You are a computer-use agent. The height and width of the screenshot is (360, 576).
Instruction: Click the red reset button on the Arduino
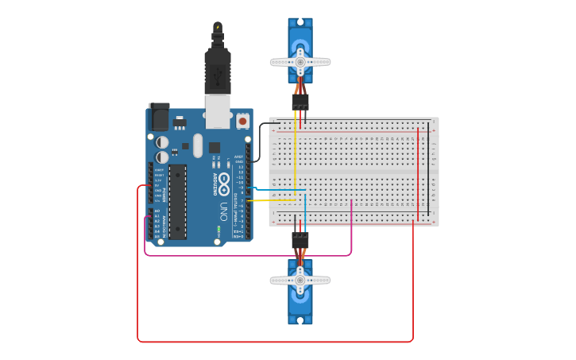click(242, 122)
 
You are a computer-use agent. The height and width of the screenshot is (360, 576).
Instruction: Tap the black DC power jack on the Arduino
click(159, 117)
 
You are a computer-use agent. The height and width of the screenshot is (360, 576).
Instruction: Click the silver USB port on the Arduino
click(218, 111)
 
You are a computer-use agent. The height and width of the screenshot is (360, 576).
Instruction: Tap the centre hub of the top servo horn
click(300, 61)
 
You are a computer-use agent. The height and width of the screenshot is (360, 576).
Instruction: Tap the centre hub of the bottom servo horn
click(300, 280)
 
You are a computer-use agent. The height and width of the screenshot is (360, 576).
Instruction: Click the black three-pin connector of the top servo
click(300, 103)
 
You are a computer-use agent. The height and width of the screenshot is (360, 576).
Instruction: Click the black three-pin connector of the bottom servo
click(300, 238)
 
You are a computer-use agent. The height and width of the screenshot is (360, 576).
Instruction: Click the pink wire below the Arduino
click(246, 255)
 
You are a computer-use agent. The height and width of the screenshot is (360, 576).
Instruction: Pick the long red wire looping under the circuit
click(274, 342)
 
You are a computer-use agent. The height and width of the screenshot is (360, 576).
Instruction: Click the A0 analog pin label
click(157, 211)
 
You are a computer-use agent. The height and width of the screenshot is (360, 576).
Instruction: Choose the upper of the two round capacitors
click(162, 142)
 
